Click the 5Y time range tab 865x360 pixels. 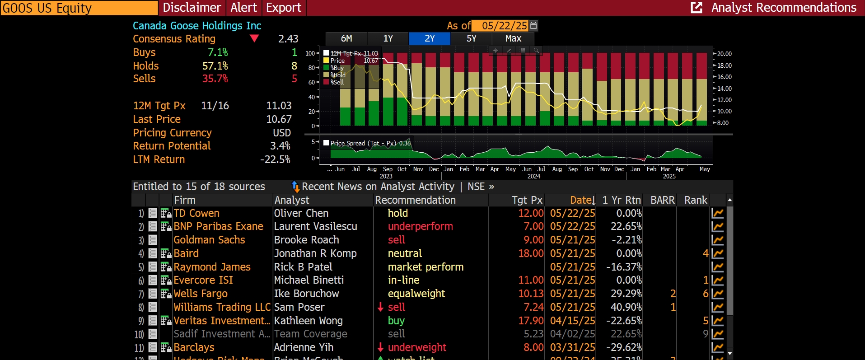pyautogui.click(x=471, y=38)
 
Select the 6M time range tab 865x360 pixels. pyautogui.click(x=346, y=38)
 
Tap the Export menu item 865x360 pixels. pyautogui.click(x=284, y=8)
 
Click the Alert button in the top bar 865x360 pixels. pyautogui.click(x=243, y=8)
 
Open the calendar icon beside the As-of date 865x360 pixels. pyautogui.click(x=533, y=25)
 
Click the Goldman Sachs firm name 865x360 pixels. pyautogui.click(x=209, y=240)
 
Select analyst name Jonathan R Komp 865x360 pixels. pyautogui.click(x=315, y=253)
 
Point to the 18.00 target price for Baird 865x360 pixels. pyautogui.click(x=531, y=253)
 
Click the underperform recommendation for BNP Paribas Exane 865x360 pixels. pyautogui.click(x=420, y=226)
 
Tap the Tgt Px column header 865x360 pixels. pyautogui.click(x=527, y=200)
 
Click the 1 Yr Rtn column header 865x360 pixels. pyautogui.click(x=621, y=200)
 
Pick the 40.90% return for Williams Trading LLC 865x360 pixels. pyautogui.click(x=626, y=307)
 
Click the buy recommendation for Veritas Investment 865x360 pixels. pyautogui.click(x=396, y=321)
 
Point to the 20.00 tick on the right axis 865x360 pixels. pyautogui.click(x=724, y=54)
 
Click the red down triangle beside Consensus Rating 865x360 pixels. pyautogui.click(x=254, y=38)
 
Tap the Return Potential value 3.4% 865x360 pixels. pyautogui.click(x=280, y=146)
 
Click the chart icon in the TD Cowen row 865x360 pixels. pyautogui.click(x=717, y=213)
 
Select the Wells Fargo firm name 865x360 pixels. pyautogui.click(x=201, y=294)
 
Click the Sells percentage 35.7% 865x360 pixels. pyautogui.click(x=215, y=79)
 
